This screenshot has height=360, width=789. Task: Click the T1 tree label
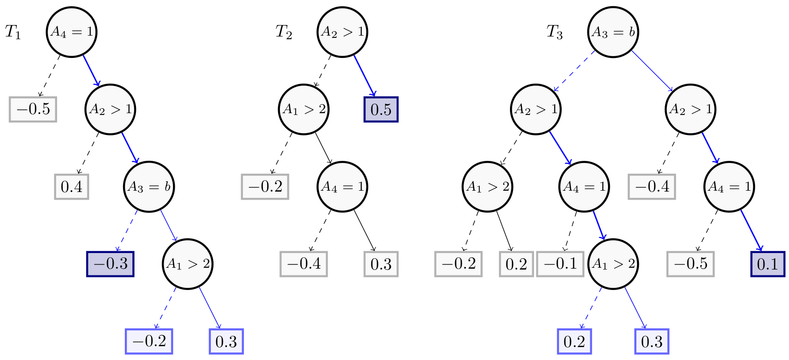tap(13, 32)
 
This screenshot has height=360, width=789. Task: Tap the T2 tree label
tap(284, 32)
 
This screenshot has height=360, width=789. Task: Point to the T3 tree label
tap(555, 32)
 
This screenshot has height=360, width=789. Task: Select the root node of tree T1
tap(72, 32)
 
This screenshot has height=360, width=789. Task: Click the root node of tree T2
tap(342, 32)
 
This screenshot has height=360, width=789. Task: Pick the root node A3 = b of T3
tap(613, 32)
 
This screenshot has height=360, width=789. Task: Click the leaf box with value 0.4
tap(72, 187)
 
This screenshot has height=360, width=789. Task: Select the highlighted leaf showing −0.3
tap(110, 264)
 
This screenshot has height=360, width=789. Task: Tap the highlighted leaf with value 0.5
tap(381, 110)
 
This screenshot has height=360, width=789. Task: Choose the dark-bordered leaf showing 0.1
tap(768, 264)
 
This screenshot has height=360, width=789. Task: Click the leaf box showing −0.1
tap(560, 264)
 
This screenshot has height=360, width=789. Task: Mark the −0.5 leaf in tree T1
tap(33, 109)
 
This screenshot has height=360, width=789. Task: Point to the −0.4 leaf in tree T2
tap(304, 264)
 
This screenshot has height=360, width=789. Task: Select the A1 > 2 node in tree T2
tap(304, 110)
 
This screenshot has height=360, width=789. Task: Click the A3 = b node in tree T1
tap(149, 187)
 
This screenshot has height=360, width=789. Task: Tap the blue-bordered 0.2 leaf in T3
tap(574, 341)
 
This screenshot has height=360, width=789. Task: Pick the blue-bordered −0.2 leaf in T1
tap(149, 341)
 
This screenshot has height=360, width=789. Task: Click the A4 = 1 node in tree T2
tap(342, 187)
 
